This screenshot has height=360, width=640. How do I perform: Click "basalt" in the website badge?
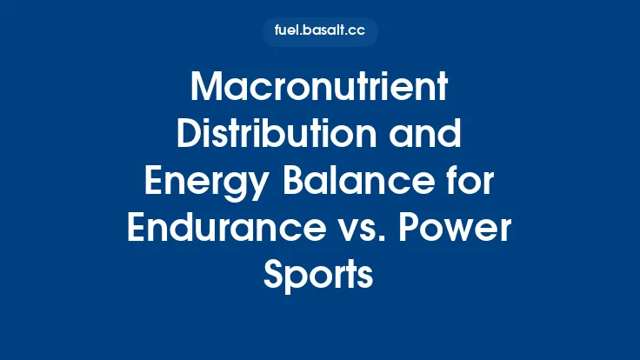tap(326, 31)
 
